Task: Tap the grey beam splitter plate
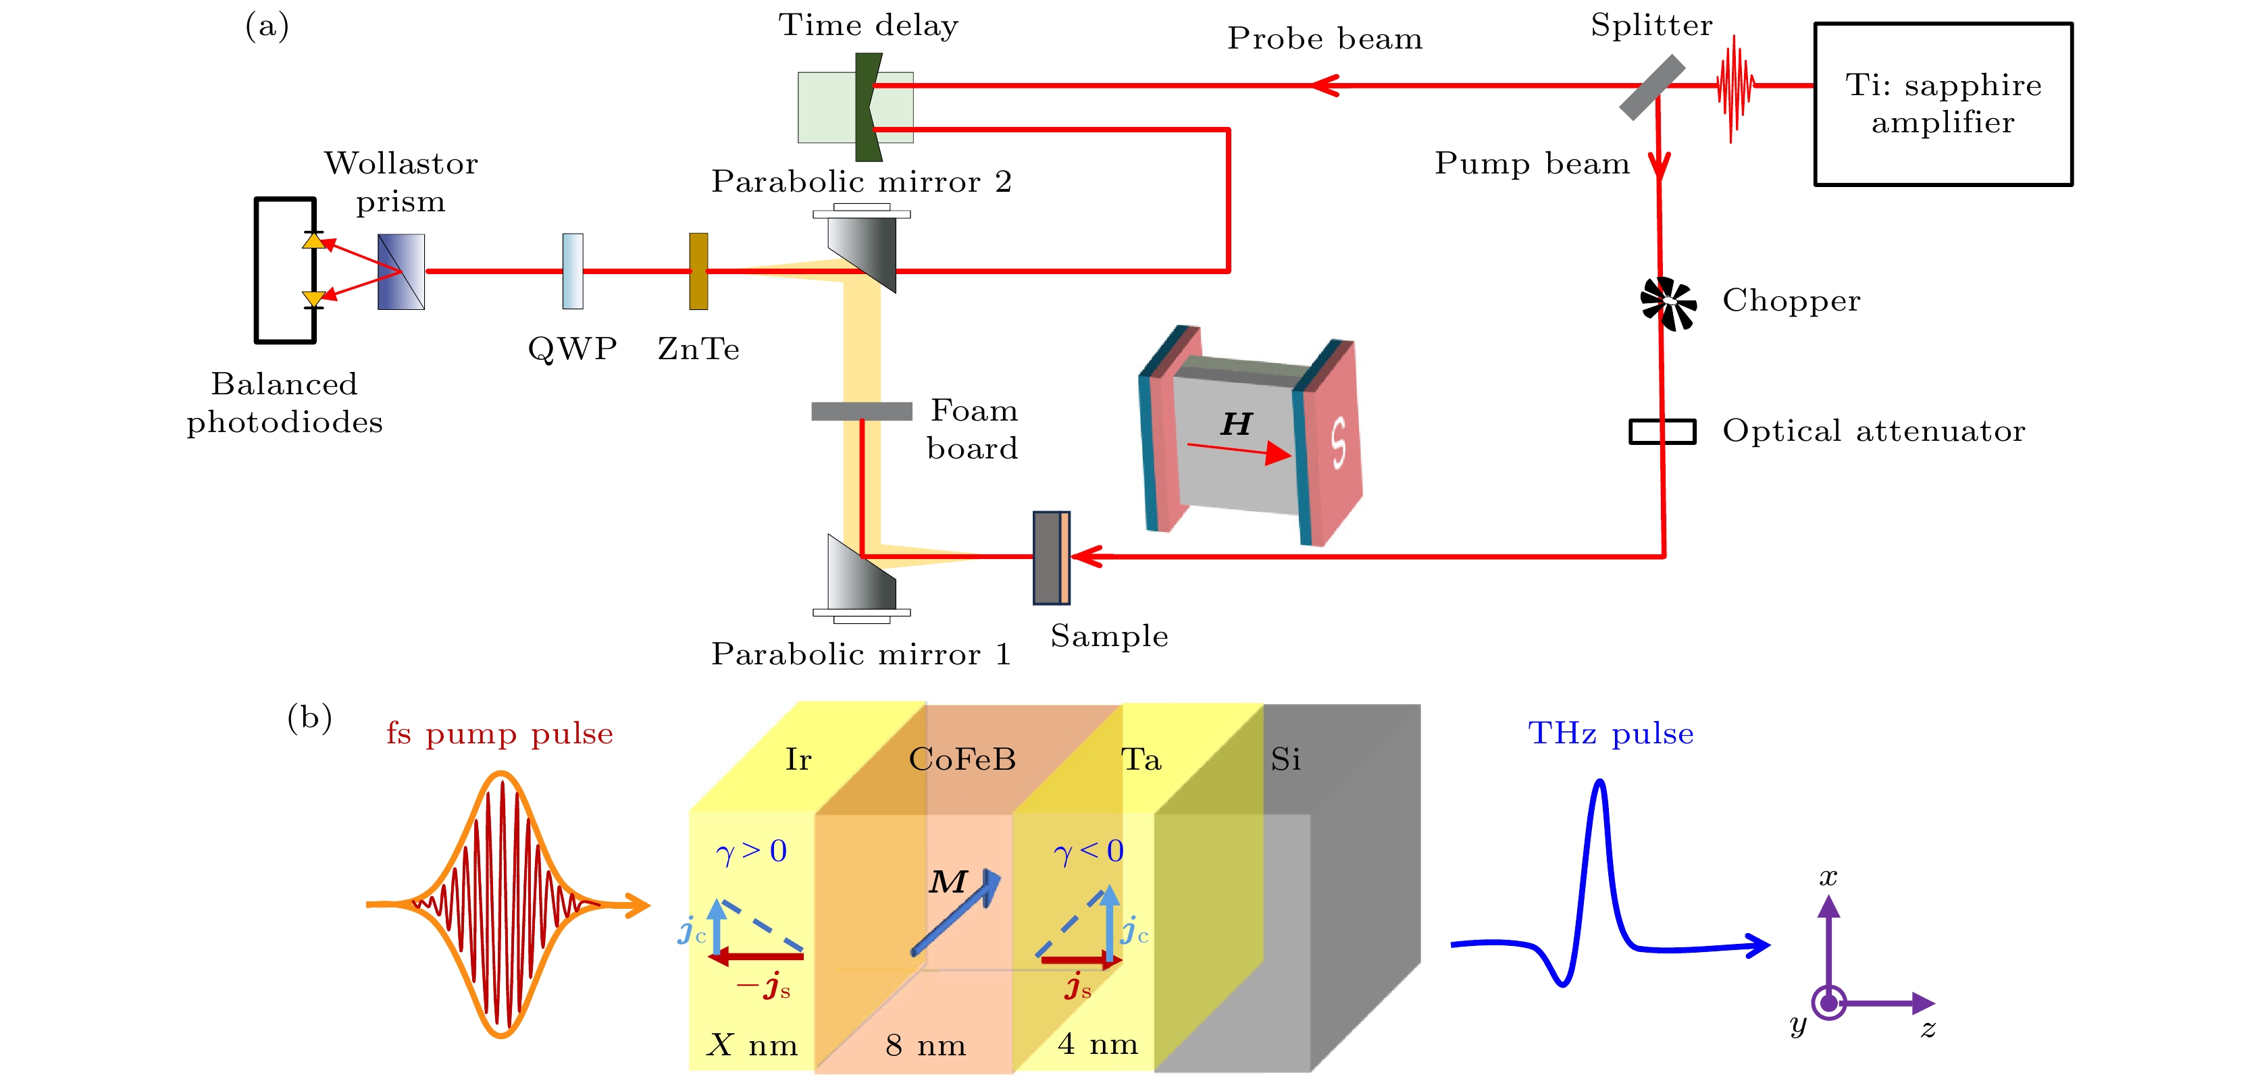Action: (x=1651, y=87)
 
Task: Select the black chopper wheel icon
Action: (x=1668, y=303)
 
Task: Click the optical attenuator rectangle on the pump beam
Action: (x=1662, y=431)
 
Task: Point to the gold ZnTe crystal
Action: (x=698, y=271)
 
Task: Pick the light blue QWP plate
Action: (x=572, y=271)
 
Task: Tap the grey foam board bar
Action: (x=862, y=411)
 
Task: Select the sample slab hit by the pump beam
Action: (x=1050, y=558)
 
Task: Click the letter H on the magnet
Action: (x=1236, y=425)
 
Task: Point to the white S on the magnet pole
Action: (x=1337, y=443)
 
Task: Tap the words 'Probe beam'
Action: (x=1324, y=38)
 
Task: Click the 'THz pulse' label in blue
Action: (x=1610, y=733)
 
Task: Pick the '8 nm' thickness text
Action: (x=925, y=1045)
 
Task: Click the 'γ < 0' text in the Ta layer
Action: (x=1088, y=851)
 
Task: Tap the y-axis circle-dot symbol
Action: (x=1828, y=1003)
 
